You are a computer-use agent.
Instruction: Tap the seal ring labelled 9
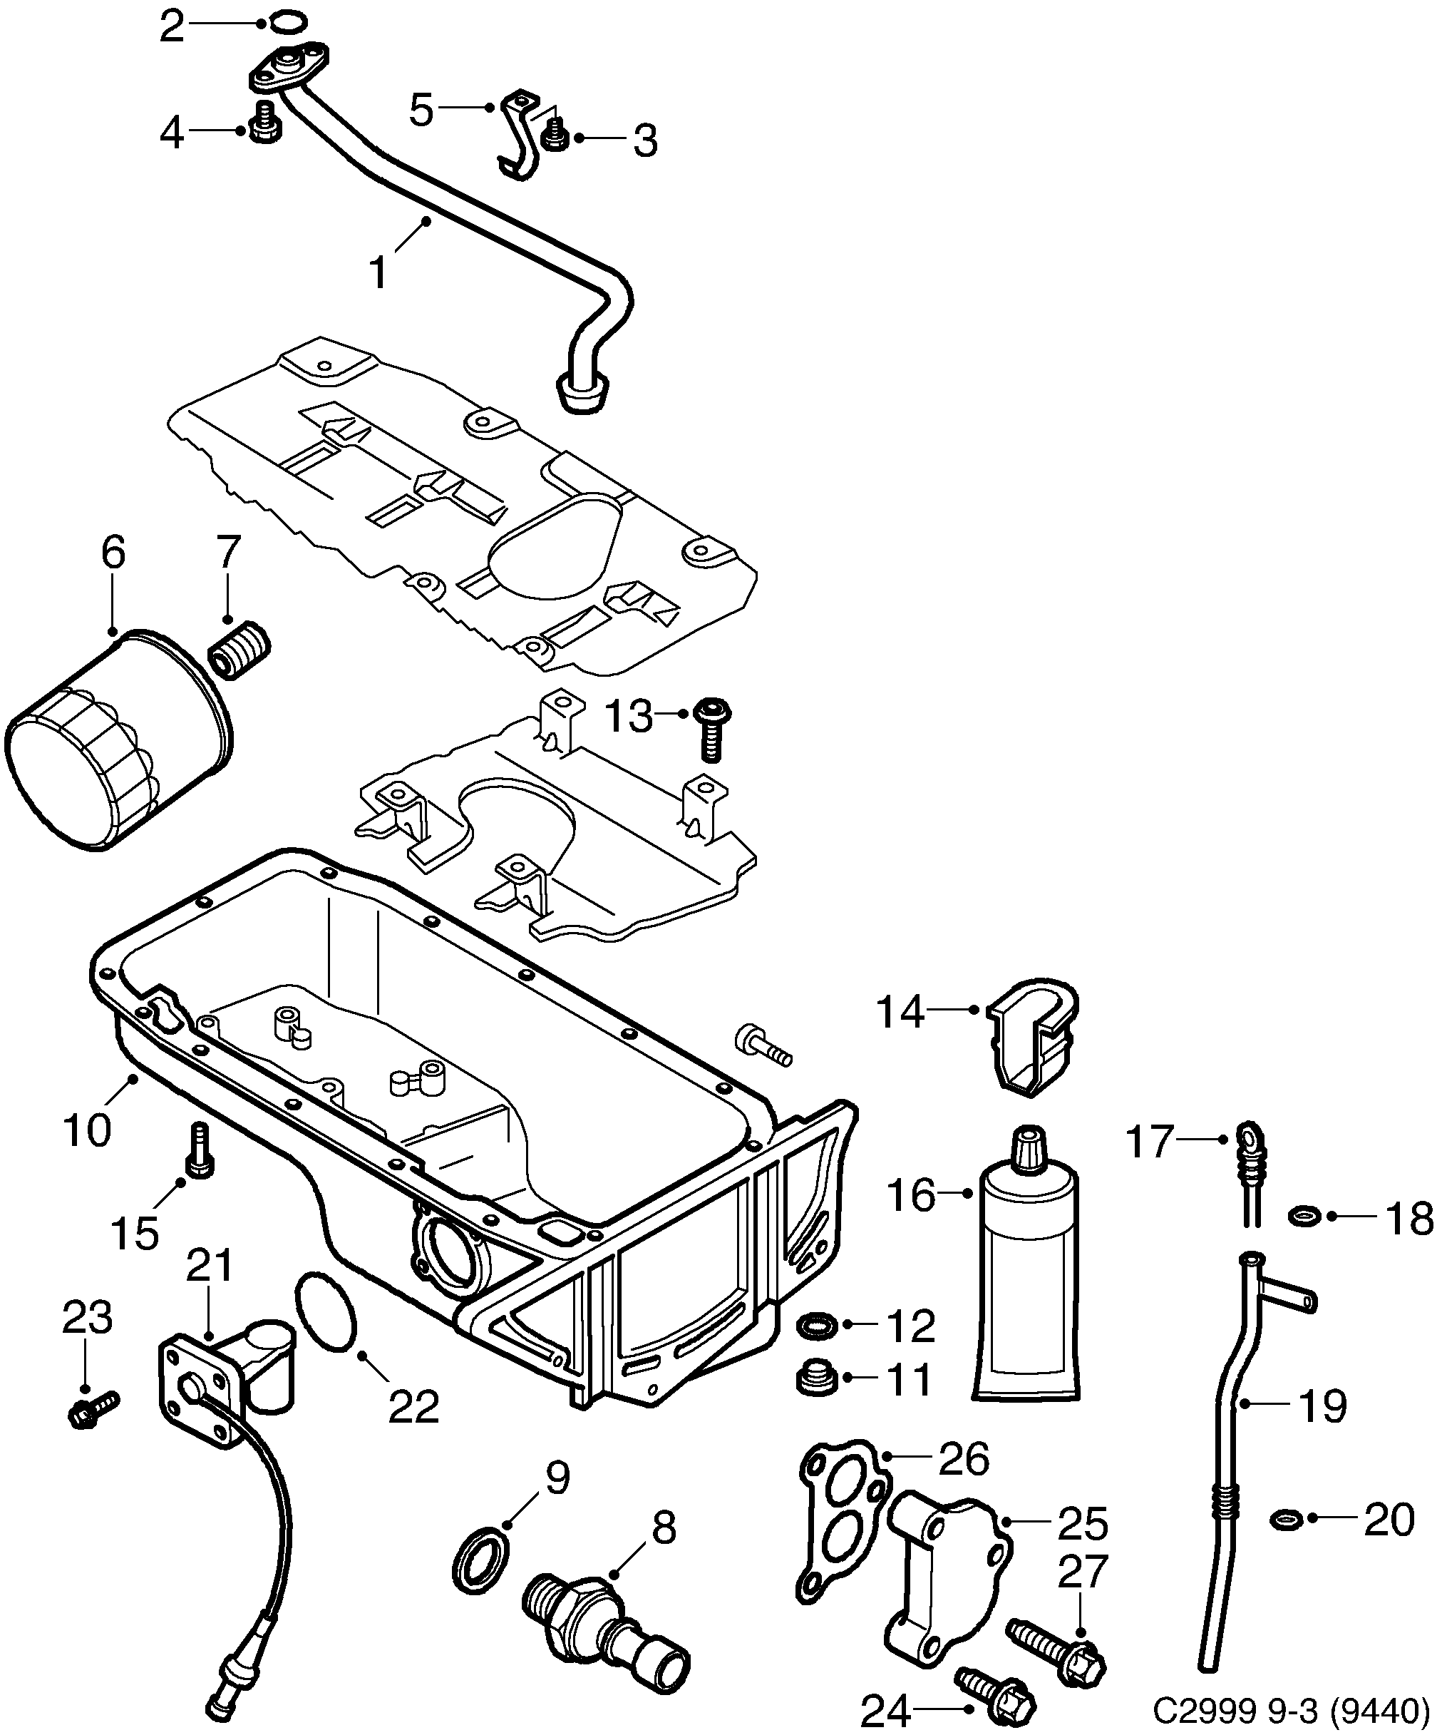click(480, 1560)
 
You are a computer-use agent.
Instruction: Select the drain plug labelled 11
click(817, 1380)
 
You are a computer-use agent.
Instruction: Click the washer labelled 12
click(817, 1325)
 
